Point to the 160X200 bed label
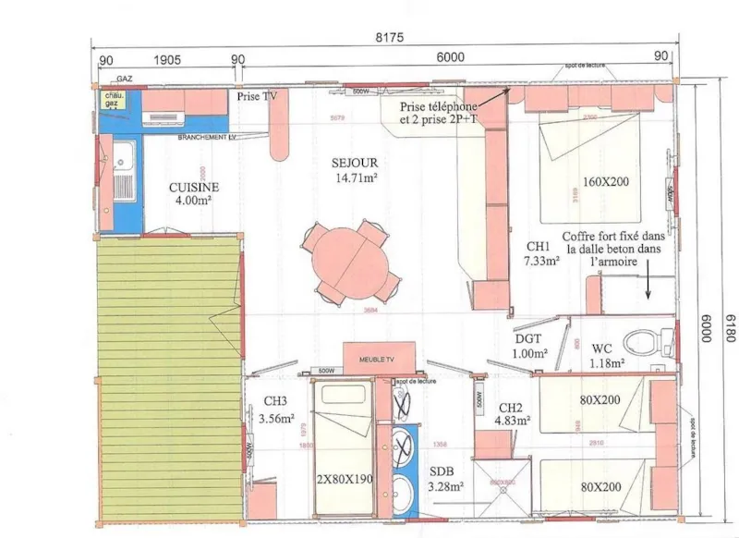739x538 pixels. tap(606, 181)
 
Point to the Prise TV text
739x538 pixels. tap(258, 96)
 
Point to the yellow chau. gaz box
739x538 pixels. tap(115, 99)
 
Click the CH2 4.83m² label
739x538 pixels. tap(512, 414)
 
